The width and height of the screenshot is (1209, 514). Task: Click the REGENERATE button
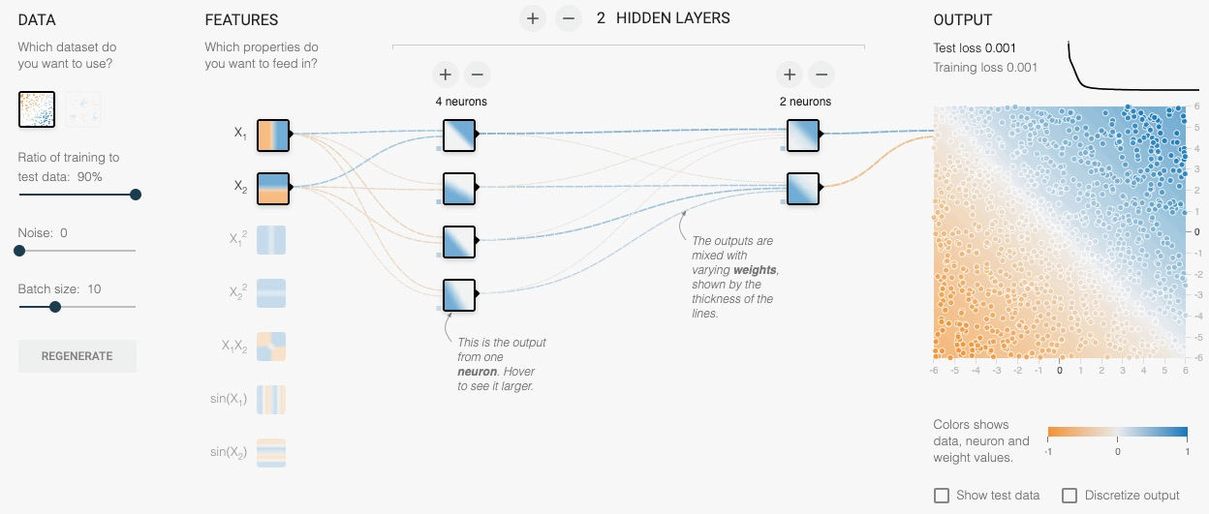click(x=77, y=356)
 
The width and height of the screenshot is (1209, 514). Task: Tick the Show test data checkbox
click(x=942, y=496)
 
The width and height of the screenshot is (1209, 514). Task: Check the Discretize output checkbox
click(x=1069, y=496)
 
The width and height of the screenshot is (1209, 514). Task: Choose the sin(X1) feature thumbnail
click(x=272, y=399)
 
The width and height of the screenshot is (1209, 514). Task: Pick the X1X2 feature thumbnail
click(x=272, y=347)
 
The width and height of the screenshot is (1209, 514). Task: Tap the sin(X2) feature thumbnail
click(x=272, y=452)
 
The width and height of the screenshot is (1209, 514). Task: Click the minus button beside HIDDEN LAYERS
click(x=569, y=18)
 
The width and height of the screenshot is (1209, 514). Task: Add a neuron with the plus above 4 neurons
click(x=445, y=74)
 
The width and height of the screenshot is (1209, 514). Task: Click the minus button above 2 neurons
click(x=821, y=74)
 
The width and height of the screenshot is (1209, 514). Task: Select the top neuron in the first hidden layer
click(x=459, y=135)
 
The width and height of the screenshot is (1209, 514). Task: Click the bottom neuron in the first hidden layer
click(x=459, y=294)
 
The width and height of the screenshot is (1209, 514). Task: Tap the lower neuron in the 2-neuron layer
click(x=803, y=188)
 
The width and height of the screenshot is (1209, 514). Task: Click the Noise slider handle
click(x=18, y=251)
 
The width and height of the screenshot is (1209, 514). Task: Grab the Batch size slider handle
click(x=55, y=307)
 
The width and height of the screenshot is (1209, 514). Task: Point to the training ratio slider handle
click(x=136, y=195)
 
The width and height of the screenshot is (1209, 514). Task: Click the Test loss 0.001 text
click(x=975, y=47)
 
